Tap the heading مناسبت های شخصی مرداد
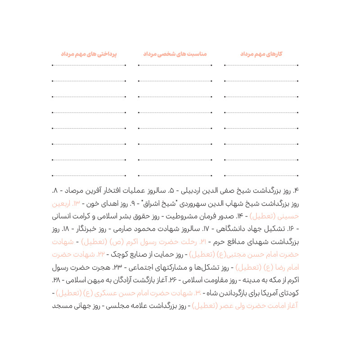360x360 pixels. click(x=175, y=54)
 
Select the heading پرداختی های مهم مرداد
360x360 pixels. click(x=89, y=54)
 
